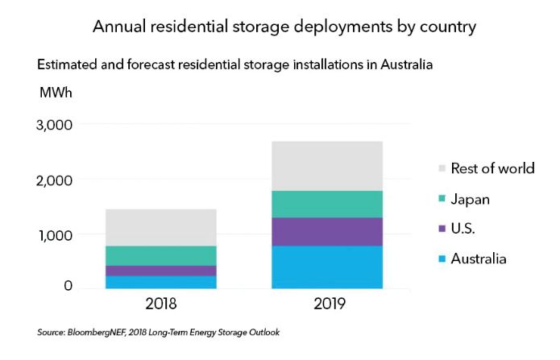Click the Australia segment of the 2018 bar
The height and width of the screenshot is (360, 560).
coord(160,282)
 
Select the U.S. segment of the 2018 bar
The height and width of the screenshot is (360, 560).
coord(160,271)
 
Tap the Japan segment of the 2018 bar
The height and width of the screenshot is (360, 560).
coord(160,255)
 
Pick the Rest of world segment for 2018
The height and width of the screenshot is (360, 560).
coord(160,227)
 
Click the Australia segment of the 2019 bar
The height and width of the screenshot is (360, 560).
coord(326,267)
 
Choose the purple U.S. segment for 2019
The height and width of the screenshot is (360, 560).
coord(326,232)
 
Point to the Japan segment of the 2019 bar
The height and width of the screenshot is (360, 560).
coord(326,204)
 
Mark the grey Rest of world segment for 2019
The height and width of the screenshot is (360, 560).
coord(326,166)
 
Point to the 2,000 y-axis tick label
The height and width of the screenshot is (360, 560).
coord(53,180)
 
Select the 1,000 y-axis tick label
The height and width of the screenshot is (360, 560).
coord(53,235)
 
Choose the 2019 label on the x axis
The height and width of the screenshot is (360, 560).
coord(326,305)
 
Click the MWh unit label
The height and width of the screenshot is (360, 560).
coord(56,92)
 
